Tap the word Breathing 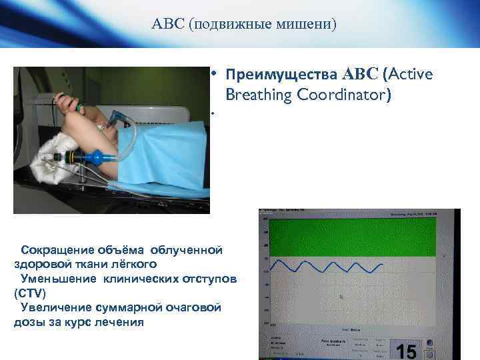(260, 95)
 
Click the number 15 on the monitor (405, 351)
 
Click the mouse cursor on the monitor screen (343, 297)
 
